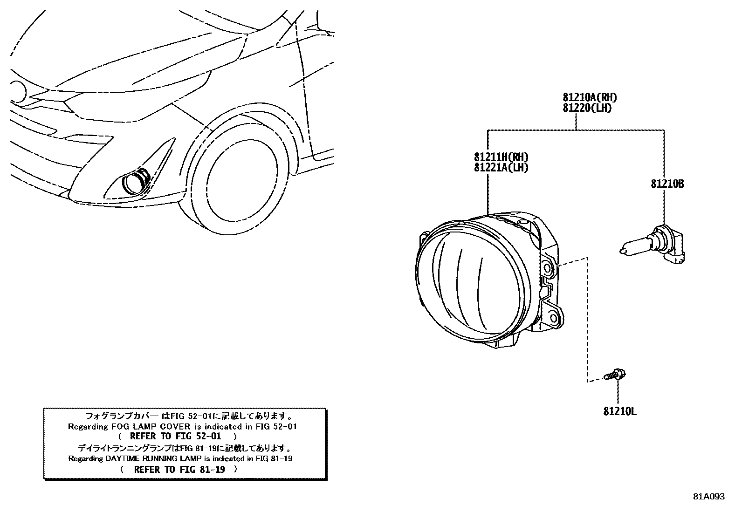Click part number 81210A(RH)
pos(590,97)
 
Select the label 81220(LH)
pos(587,108)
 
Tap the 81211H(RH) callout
pos(501,157)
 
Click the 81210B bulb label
pos(667,184)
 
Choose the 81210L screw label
pos(620,412)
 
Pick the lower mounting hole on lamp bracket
pos(553,318)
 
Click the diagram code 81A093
pos(708,497)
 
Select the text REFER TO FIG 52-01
pos(175,437)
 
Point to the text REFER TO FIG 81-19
pos(179,470)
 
